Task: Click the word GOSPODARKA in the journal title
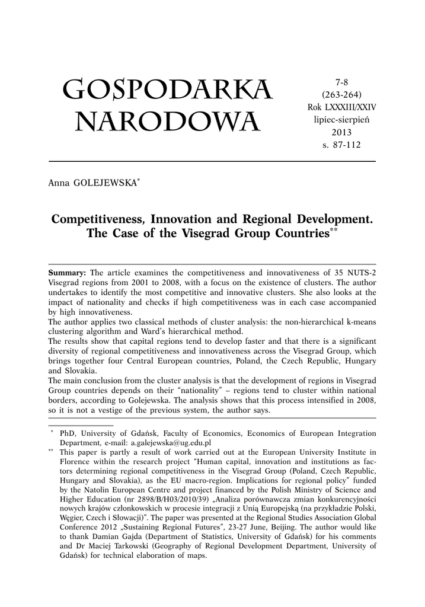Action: (x=167, y=90)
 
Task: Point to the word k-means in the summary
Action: (x=359, y=321)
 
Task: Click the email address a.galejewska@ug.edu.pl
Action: (x=171, y=442)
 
